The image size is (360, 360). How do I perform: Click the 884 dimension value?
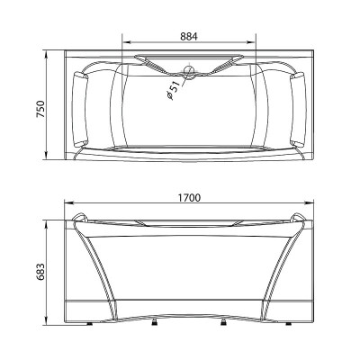189,36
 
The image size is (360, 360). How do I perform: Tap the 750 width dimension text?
40,110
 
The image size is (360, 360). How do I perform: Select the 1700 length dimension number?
189,198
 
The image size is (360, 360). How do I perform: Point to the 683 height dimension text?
40,272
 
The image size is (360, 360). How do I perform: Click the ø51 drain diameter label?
174,90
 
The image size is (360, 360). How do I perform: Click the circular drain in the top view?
189,70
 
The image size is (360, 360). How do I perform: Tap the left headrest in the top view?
81,109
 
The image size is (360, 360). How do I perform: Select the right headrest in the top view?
298,109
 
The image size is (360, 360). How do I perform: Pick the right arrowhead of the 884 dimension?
251,42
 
